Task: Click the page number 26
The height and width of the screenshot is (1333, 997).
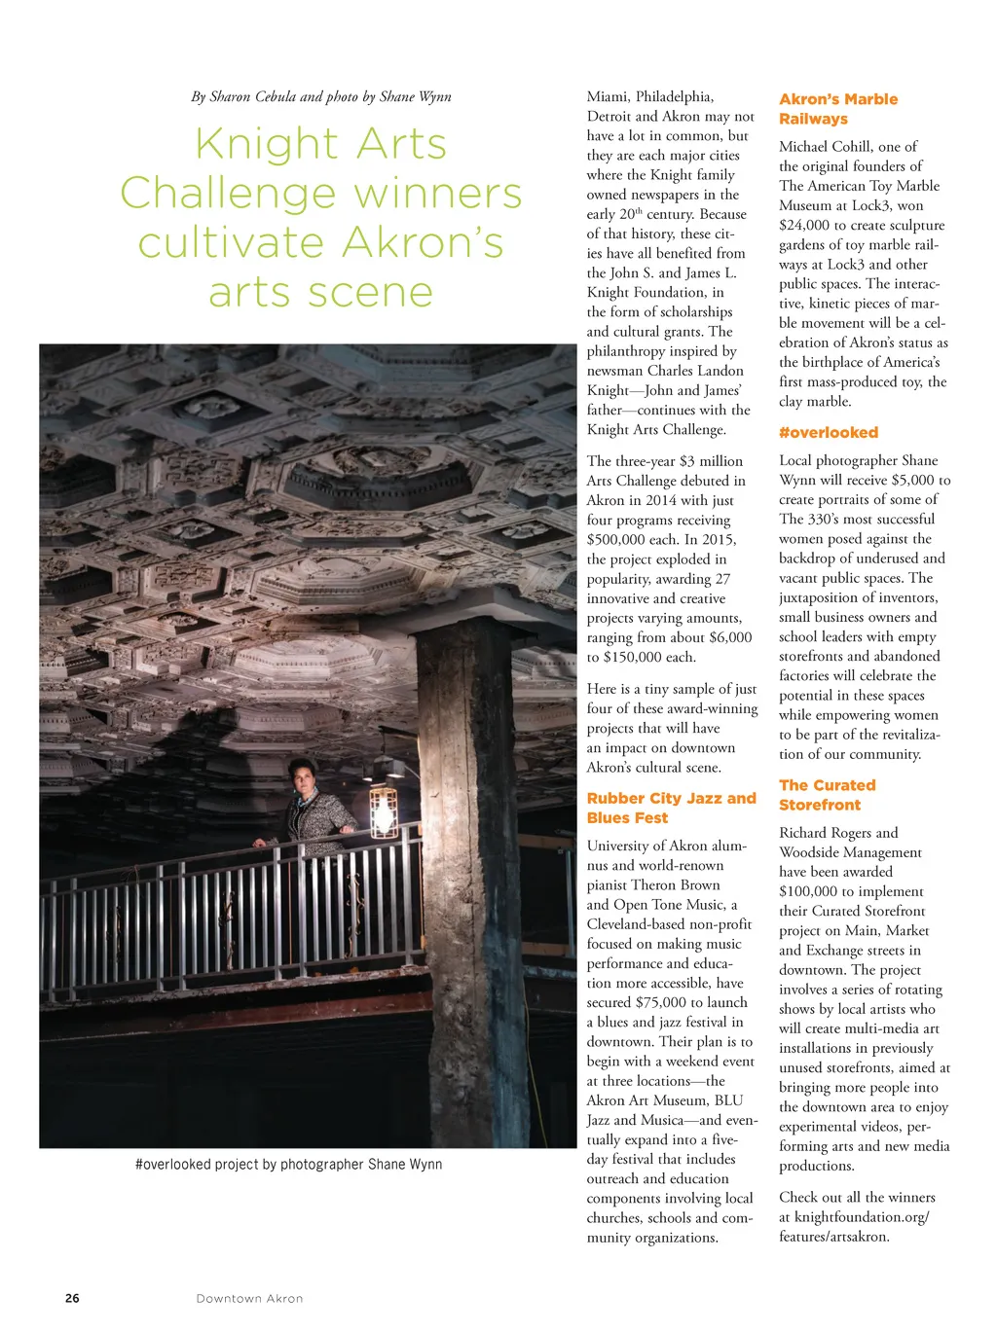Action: pos(72,1298)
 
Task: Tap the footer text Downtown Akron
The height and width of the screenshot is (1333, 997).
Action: pos(249,1298)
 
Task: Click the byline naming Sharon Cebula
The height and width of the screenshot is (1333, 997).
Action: pos(321,96)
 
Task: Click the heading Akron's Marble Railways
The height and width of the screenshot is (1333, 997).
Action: pos(838,109)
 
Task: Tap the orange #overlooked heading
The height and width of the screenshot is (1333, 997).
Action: pos(829,432)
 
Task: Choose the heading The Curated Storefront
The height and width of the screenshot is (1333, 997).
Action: pos(828,795)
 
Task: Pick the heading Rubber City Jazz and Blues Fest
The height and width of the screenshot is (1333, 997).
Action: pos(671,808)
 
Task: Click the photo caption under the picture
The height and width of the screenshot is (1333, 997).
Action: pos(288,1164)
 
